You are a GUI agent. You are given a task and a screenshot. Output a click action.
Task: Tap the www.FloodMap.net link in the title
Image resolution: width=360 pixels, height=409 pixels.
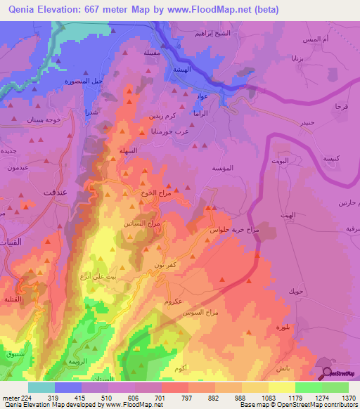click(x=215, y=9)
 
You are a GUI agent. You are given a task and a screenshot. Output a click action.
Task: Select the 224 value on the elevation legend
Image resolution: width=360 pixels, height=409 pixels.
click(x=18, y=397)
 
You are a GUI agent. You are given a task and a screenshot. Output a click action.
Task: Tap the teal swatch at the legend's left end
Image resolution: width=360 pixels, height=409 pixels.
click(x=41, y=387)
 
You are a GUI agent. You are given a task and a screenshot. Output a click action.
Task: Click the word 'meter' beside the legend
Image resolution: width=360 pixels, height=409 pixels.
click(x=8, y=397)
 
